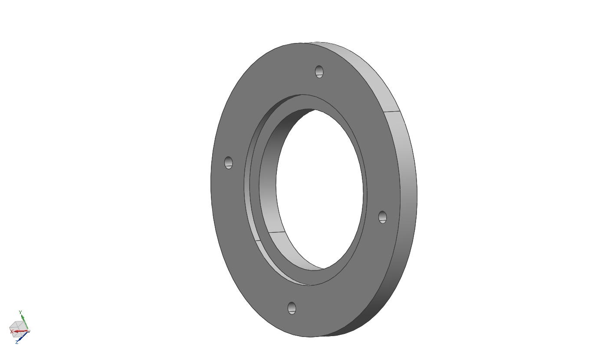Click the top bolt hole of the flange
[x=319, y=72]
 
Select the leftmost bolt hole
[x=229, y=163]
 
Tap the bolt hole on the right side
[x=383, y=217]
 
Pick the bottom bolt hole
[x=292, y=308]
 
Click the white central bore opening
[x=320, y=189]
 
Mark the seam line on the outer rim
[x=392, y=112]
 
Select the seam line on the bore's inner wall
[x=276, y=232]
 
